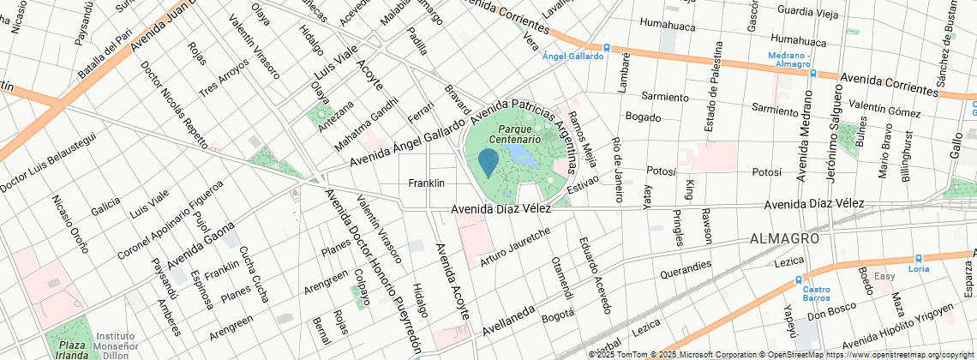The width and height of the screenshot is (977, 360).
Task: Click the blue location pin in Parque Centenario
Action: [x=488, y=162]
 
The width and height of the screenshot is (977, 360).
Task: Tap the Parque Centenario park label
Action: [x=515, y=133]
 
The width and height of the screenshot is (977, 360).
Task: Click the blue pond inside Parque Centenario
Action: [x=523, y=155]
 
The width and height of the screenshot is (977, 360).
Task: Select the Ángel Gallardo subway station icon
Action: [x=607, y=47]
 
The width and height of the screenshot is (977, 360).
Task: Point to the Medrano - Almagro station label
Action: [x=789, y=60]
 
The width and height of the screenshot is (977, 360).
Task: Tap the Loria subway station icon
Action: [x=919, y=257]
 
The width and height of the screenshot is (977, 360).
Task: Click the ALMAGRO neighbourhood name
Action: [x=784, y=237]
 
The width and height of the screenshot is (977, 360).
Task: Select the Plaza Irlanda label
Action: [x=67, y=349]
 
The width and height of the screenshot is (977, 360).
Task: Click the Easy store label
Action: [x=884, y=276]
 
